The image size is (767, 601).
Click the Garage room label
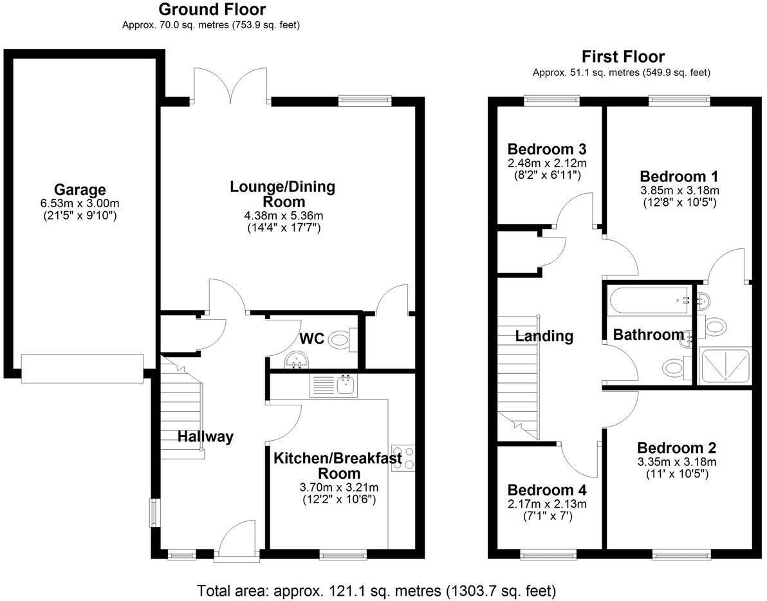pos(80,190)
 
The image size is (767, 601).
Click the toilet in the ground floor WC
pos(341,340)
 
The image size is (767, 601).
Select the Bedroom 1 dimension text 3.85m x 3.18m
pos(679,190)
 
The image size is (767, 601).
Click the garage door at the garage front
pos(82,369)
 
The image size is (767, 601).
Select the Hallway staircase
pos(182,412)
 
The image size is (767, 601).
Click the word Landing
pos(544,336)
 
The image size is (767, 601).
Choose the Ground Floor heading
pos(212,10)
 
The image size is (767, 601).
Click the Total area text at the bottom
pos(376,590)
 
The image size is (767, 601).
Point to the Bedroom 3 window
pos(551,100)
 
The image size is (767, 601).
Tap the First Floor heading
pos(623,57)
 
